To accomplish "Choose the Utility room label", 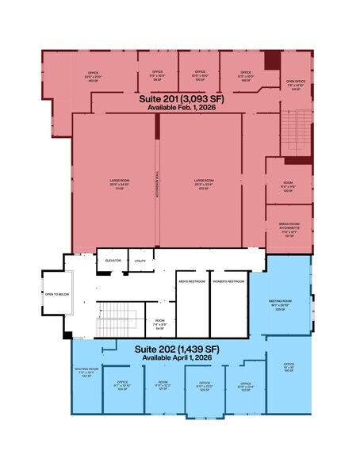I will click(140, 261).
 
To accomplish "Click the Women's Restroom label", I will click(229, 282).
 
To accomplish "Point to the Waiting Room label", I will click(86, 372).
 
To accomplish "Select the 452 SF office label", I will click(93, 76).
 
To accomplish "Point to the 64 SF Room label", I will click(160, 324).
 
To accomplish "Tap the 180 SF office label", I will click(289, 369).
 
